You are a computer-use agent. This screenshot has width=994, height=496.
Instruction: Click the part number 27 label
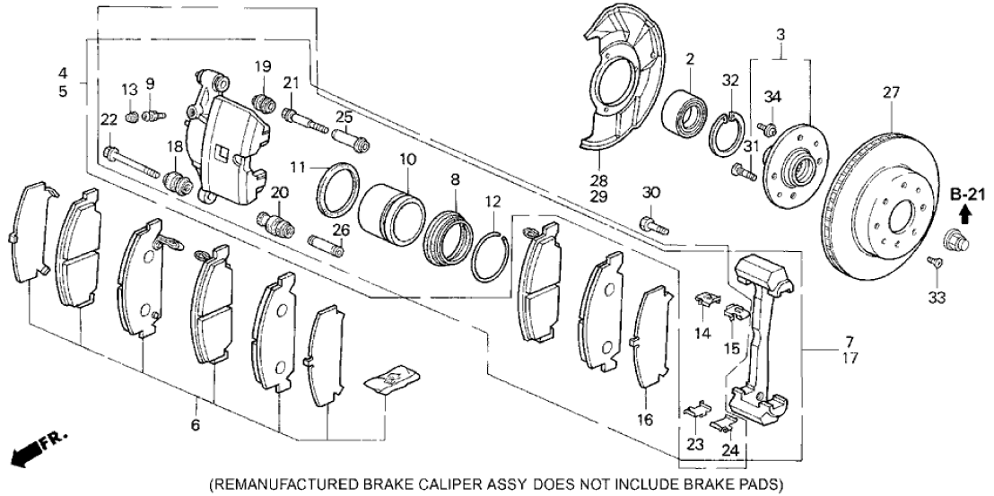pyautogui.click(x=890, y=91)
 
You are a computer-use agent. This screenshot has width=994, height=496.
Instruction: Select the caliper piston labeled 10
pyautogui.click(x=391, y=215)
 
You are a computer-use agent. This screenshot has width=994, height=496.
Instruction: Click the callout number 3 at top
pyautogui.click(x=780, y=34)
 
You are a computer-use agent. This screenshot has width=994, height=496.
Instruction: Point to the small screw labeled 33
pyautogui.click(x=935, y=261)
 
